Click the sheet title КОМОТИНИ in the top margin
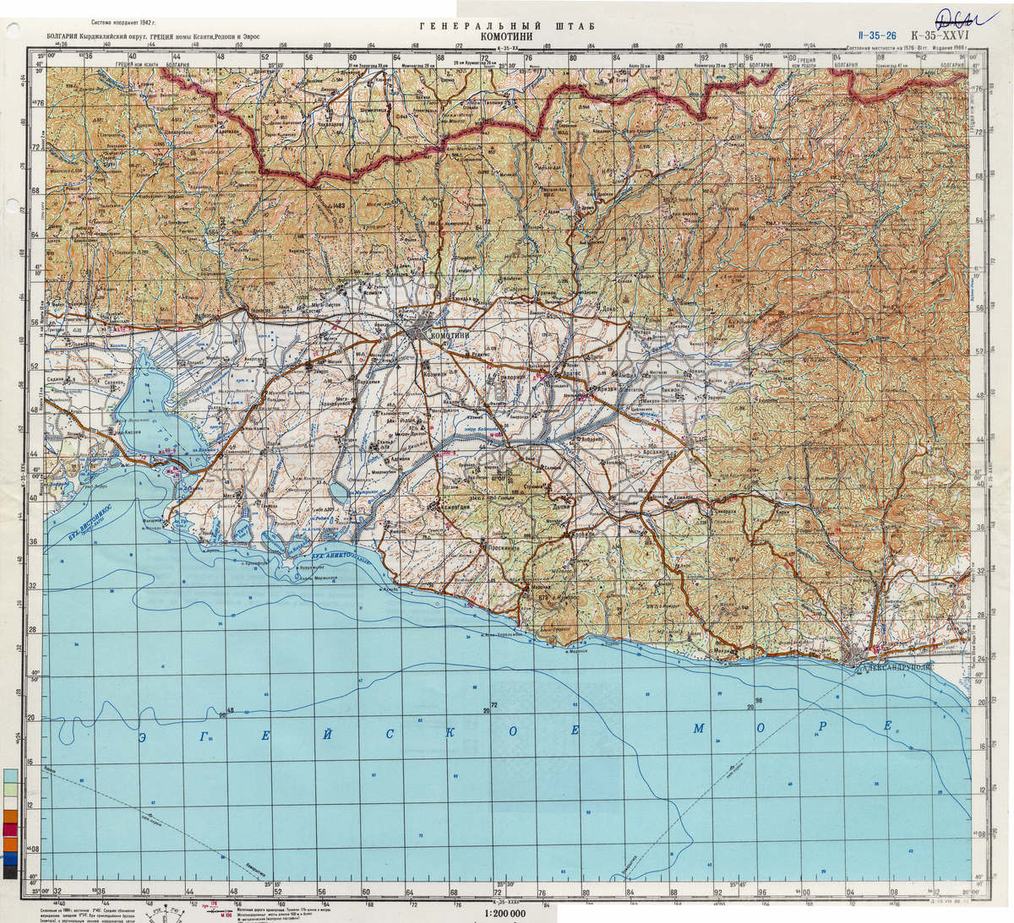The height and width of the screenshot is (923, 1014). pyautogui.click(x=506, y=36)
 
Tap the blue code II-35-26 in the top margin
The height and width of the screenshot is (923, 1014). pyautogui.click(x=875, y=37)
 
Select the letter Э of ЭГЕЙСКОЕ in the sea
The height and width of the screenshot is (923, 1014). pyautogui.click(x=145, y=736)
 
